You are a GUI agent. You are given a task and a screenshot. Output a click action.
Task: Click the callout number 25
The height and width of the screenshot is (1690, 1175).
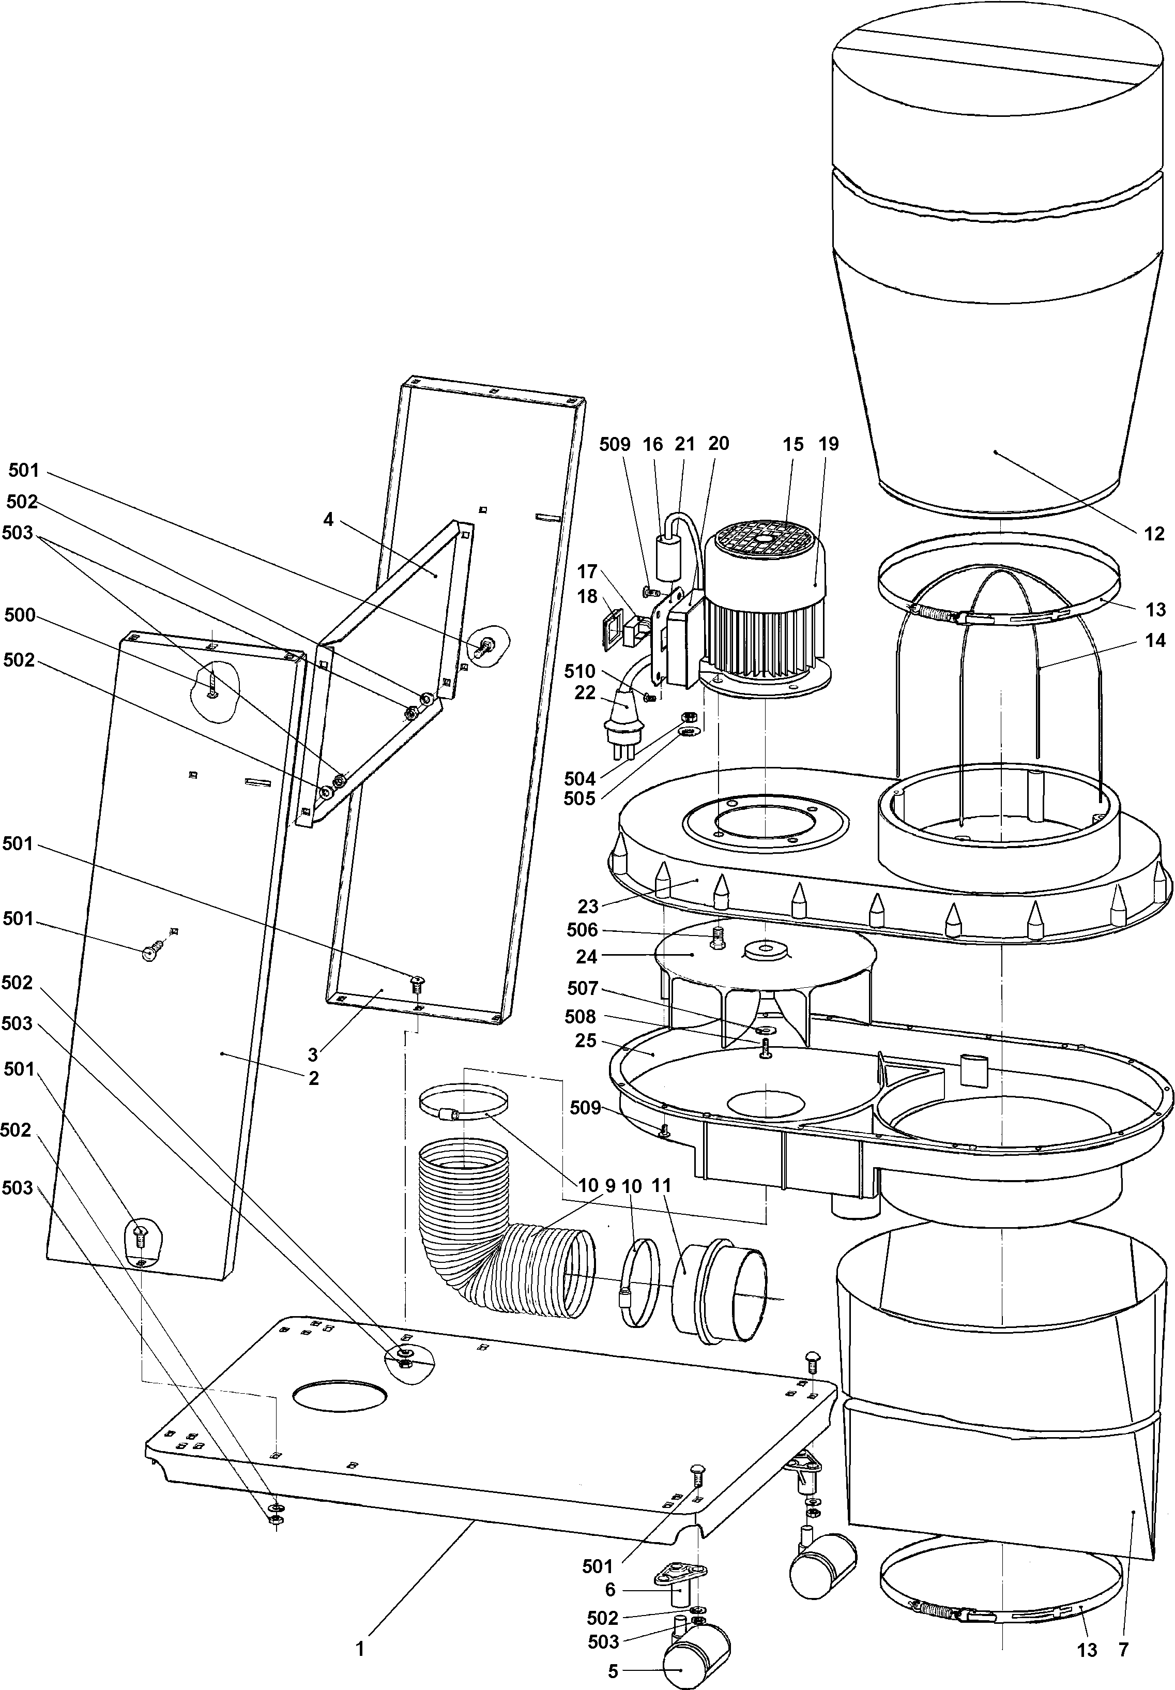pyautogui.click(x=587, y=1042)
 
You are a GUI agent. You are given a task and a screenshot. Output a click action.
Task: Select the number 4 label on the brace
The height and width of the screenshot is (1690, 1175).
pyautogui.click(x=328, y=520)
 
